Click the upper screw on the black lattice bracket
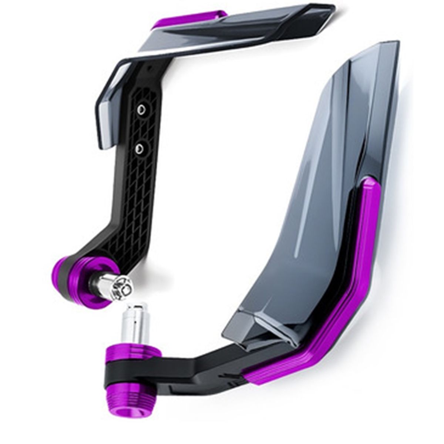141,108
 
